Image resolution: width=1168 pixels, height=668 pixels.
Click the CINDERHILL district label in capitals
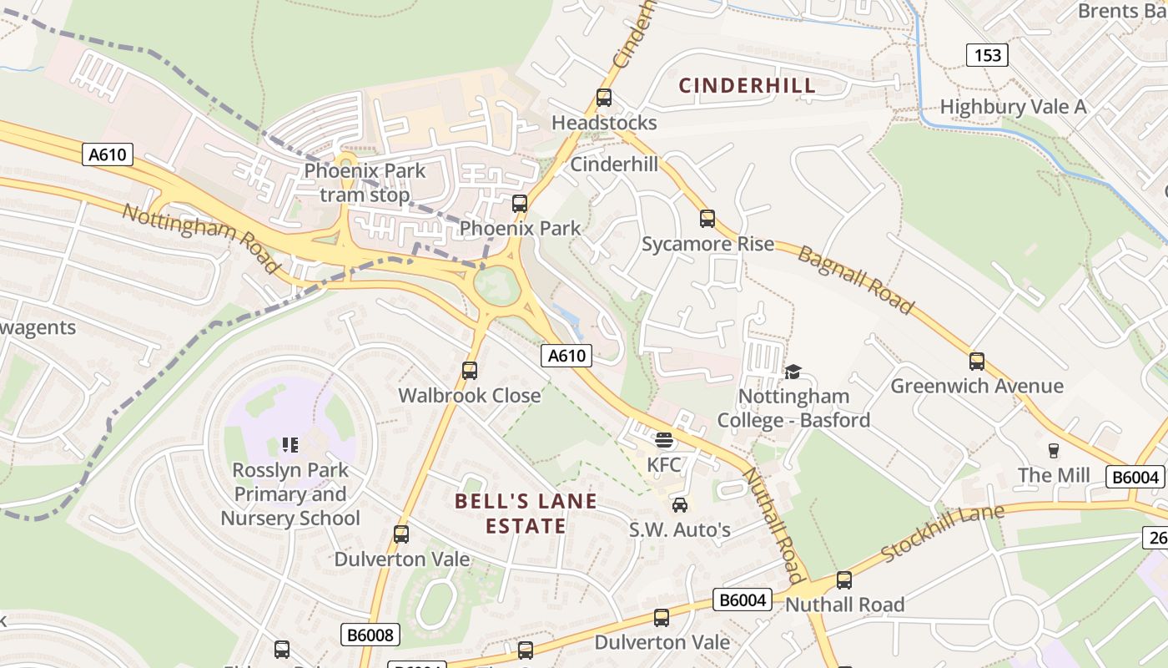point(747,85)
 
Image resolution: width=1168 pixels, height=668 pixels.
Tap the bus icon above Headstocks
point(604,98)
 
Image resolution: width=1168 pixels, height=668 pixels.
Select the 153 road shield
point(987,55)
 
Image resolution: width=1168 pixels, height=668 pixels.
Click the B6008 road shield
point(370,635)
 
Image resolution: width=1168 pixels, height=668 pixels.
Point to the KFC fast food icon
point(664,439)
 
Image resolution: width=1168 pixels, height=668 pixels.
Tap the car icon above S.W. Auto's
point(680,504)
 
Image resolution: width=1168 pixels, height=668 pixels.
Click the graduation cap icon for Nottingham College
point(793,372)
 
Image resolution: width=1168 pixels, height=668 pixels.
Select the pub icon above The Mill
point(1054,451)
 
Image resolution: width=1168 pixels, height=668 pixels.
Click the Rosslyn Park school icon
point(290,444)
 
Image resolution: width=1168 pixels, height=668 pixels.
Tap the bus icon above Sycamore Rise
point(707,219)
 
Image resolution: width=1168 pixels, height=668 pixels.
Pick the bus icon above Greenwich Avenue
point(977,362)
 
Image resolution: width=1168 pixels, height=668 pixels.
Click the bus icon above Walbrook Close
point(470,370)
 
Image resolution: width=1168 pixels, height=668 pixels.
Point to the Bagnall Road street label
point(855,280)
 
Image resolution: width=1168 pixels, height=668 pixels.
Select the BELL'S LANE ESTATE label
point(526,514)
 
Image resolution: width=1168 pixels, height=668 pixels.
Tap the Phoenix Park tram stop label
point(365,183)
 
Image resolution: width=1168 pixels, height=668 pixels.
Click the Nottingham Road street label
point(200,237)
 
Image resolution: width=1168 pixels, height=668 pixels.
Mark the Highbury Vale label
point(1013,107)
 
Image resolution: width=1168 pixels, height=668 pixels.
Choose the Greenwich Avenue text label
point(977,386)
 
